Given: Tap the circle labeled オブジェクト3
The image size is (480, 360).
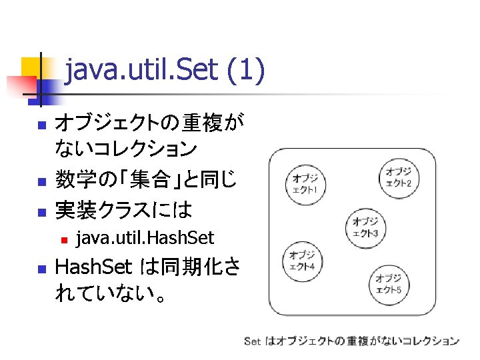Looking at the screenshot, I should point(365,227).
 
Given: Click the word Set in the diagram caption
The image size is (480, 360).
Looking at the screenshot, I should point(253,341).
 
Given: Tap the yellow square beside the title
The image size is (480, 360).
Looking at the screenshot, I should point(33,67).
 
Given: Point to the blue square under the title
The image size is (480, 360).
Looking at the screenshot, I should point(46,87).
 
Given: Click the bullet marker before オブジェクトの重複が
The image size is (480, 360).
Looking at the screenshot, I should point(41,125).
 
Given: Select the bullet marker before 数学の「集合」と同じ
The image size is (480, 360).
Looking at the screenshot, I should point(41,181).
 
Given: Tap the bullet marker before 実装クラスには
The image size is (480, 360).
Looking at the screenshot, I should point(41,212).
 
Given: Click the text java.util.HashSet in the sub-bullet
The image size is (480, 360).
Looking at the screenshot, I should point(145,237).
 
